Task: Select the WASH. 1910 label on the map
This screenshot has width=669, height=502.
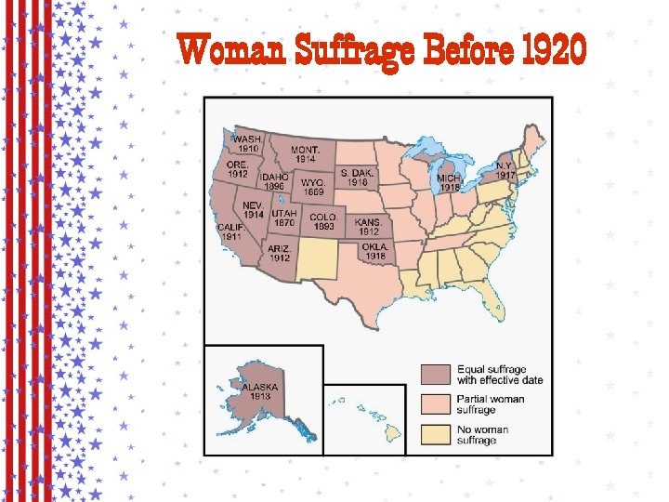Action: click(x=247, y=143)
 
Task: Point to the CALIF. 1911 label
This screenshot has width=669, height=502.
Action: click(x=231, y=232)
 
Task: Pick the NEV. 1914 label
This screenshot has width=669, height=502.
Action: click(x=254, y=209)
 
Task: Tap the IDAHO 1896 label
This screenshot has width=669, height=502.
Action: click(x=274, y=181)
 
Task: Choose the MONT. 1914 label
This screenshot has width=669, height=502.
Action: click(x=306, y=154)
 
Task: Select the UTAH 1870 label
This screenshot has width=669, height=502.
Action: click(x=284, y=218)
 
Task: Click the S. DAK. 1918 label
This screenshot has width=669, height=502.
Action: click(x=358, y=178)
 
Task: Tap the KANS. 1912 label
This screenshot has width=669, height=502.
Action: click(x=368, y=227)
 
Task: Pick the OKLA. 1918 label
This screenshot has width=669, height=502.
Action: click(x=375, y=251)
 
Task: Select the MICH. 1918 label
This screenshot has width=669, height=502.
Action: click(x=450, y=182)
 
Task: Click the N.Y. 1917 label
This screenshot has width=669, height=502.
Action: click(x=505, y=171)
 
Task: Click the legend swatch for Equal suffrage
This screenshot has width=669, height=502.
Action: click(x=437, y=374)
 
